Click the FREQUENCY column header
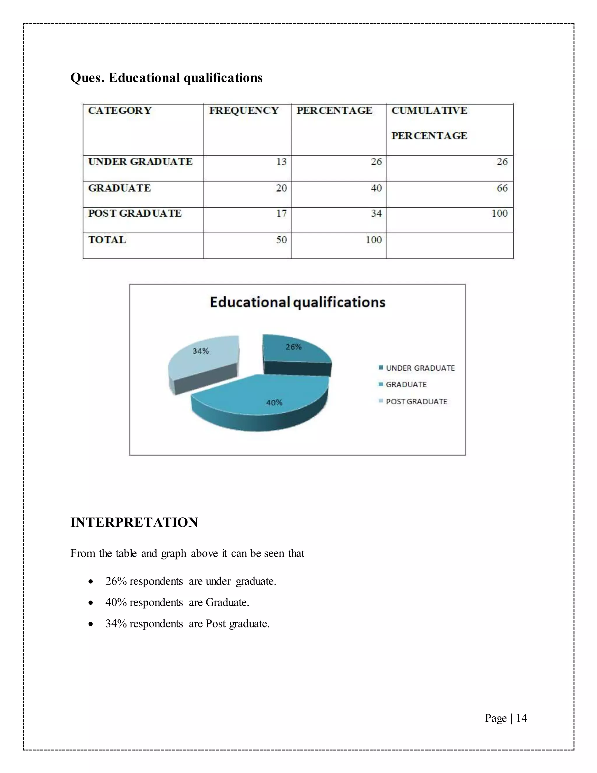pyautogui.click(x=244, y=111)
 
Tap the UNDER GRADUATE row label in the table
pyautogui.click(x=140, y=162)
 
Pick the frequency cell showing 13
pyautogui.click(x=281, y=162)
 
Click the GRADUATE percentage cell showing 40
pyautogui.click(x=376, y=188)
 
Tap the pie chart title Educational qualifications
pyautogui.click(x=297, y=302)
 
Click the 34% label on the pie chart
pyautogui.click(x=201, y=351)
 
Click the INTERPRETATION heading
pyautogui.click(x=134, y=522)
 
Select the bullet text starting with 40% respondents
pyautogui.click(x=177, y=602)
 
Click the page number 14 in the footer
pyautogui.click(x=521, y=718)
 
